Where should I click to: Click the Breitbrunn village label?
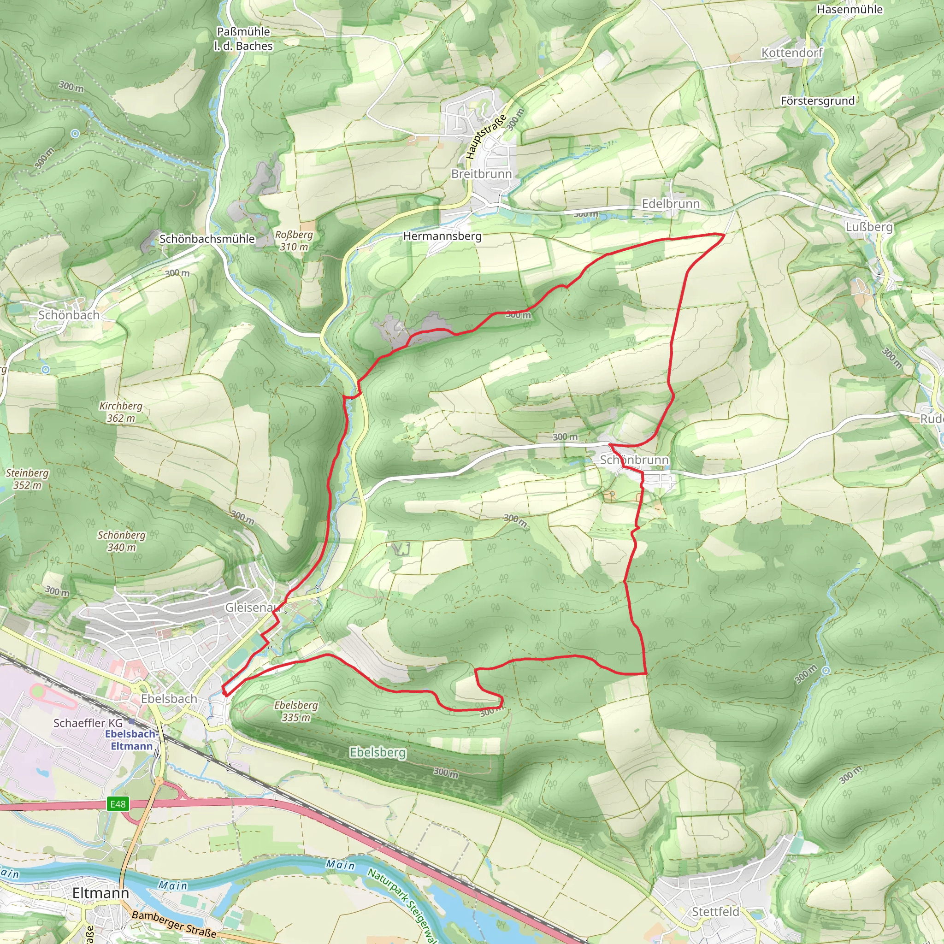[481, 174]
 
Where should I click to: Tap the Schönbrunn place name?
[634, 460]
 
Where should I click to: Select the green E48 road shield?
[118, 804]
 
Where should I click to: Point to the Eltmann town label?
[100, 893]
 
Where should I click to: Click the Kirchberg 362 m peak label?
[121, 412]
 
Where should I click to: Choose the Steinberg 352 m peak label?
[27, 479]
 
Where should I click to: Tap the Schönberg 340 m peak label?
[122, 541]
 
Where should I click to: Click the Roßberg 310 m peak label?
[294, 241]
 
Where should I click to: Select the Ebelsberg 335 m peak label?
[296, 711]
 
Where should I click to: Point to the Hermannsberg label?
[442, 236]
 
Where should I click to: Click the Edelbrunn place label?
[670, 204]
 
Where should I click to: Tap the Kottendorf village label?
[792, 53]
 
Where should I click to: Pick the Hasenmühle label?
[850, 9]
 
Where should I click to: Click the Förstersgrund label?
[817, 100]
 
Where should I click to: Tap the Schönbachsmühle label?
[207, 239]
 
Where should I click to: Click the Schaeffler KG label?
[88, 723]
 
